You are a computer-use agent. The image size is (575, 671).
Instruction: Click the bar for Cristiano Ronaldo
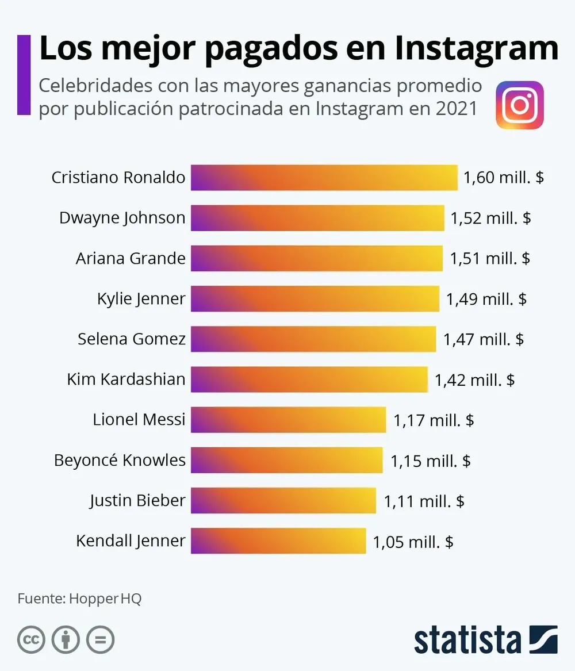(x=324, y=178)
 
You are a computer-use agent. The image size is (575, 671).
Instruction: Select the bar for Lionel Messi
(x=288, y=420)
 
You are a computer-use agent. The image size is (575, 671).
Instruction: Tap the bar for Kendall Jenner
(x=278, y=540)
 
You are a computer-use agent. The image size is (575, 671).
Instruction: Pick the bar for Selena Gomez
(x=313, y=339)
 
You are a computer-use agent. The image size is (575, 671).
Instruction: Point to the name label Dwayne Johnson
(x=122, y=218)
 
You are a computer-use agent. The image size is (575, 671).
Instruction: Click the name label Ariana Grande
(x=131, y=258)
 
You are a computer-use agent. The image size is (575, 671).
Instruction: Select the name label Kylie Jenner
(x=141, y=298)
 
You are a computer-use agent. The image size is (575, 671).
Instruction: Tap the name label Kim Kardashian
(x=126, y=379)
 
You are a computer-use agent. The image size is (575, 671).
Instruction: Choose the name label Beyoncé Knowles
(x=120, y=460)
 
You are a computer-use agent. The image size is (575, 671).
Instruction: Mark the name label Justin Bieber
(x=137, y=500)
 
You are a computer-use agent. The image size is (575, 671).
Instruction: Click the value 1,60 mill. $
(x=503, y=178)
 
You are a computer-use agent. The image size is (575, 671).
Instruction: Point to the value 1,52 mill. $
(x=490, y=218)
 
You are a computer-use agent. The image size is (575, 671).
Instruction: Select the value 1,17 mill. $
(x=434, y=420)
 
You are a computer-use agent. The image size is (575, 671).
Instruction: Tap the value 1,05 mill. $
(x=413, y=541)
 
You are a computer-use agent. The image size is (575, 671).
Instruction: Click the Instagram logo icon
(x=519, y=105)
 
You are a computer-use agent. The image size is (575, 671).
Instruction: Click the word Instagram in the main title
(x=476, y=49)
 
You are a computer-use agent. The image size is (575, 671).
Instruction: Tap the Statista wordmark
(x=467, y=639)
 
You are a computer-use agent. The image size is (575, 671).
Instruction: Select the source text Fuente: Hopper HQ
(x=79, y=599)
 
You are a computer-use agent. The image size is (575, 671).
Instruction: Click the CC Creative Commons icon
(x=31, y=639)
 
